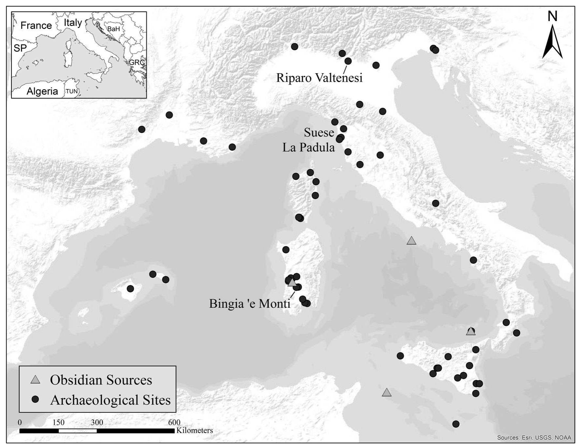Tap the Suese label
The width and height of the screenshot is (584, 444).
coord(319,133)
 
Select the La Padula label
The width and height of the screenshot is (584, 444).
coord(308,147)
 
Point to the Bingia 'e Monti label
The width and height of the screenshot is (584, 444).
coord(249,304)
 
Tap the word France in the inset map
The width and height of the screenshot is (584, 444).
coord(36,25)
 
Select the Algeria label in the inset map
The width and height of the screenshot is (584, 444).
coord(42,91)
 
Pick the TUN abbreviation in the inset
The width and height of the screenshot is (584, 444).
coord(72,91)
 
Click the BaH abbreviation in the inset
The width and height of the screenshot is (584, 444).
coord(113,29)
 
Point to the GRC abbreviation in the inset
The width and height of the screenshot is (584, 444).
coord(136,62)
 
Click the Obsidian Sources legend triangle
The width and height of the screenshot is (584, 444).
coord(35,380)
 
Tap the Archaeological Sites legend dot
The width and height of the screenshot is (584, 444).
coord(35,399)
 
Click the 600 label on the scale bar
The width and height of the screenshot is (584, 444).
coord(174,423)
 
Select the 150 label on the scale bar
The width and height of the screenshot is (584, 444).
coord(59,423)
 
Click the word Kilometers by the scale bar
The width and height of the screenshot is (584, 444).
coord(194,431)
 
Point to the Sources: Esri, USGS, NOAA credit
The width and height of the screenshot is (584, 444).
coord(534,438)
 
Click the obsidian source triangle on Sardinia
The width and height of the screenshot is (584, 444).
coord(292,282)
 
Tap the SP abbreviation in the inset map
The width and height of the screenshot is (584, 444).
coord(20,48)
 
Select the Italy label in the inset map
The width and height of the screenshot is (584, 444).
coord(73,22)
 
